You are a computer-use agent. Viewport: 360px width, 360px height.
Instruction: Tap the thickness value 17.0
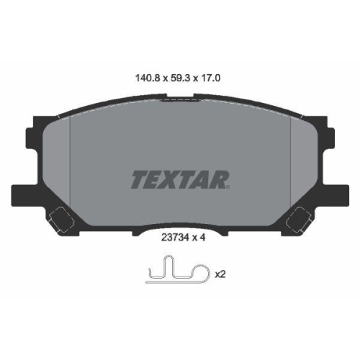pyautogui.click(x=214, y=73)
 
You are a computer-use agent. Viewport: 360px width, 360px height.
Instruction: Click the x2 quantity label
pyautogui.click(x=220, y=274)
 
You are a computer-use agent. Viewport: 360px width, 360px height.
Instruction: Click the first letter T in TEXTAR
pyautogui.click(x=138, y=179)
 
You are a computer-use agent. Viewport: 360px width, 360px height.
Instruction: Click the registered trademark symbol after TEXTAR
pyautogui.click(x=230, y=187)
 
